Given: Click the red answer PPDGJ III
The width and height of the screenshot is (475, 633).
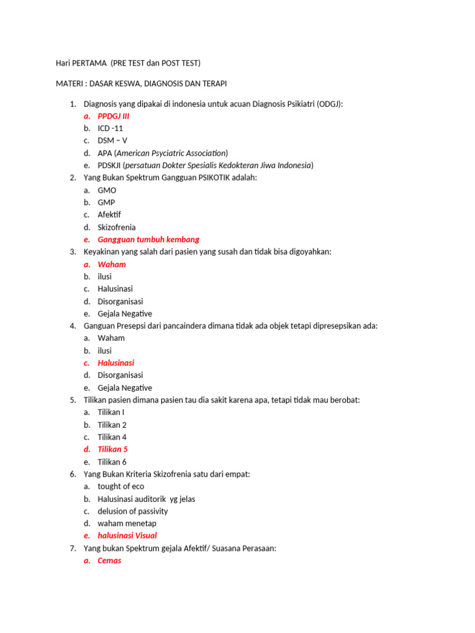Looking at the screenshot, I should click(x=113, y=116).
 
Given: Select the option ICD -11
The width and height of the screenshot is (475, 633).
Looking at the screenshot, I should click(x=110, y=128).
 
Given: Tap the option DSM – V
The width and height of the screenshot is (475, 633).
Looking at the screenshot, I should click(x=112, y=140).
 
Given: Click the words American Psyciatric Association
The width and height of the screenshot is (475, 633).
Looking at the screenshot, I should click(x=170, y=153).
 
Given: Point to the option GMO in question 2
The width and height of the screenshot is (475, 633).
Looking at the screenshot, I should click(x=107, y=190).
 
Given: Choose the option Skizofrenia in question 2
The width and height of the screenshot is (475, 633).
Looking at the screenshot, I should click(x=116, y=227).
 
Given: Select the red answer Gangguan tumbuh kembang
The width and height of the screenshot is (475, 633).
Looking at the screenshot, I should click(x=148, y=239).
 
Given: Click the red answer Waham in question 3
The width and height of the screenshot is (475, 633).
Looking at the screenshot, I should click(x=111, y=264).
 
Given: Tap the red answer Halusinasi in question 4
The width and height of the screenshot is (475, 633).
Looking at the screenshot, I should click(x=116, y=363).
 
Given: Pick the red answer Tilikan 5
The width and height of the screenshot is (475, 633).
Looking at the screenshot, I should click(x=113, y=449).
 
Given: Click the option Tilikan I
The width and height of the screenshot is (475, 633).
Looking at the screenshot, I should click(x=111, y=412).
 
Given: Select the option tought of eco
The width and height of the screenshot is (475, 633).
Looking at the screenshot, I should click(x=121, y=486).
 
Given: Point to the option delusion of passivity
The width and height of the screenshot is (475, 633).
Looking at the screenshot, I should click(x=132, y=511).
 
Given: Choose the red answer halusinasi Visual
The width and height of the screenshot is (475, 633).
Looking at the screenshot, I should click(x=127, y=536).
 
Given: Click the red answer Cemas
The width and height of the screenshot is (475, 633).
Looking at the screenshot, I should click(x=109, y=561).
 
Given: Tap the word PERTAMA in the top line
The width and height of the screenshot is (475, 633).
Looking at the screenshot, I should click(x=89, y=63).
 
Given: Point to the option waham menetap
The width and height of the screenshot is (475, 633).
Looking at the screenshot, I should click(x=127, y=524).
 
